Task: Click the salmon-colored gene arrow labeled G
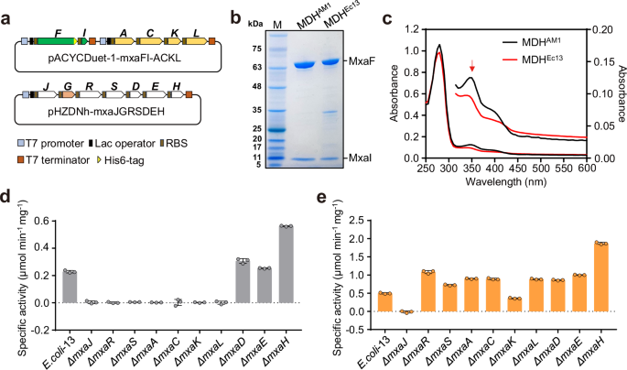pos(68,115)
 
